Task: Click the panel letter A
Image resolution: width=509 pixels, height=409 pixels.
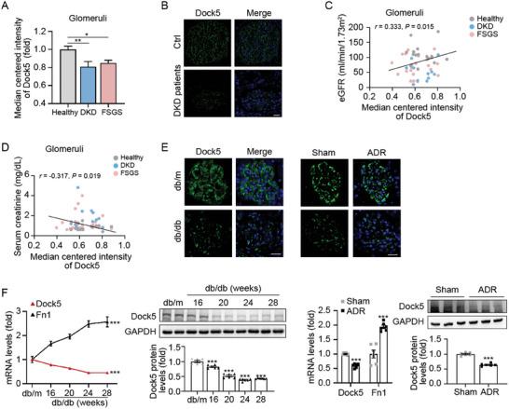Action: [7, 10]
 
